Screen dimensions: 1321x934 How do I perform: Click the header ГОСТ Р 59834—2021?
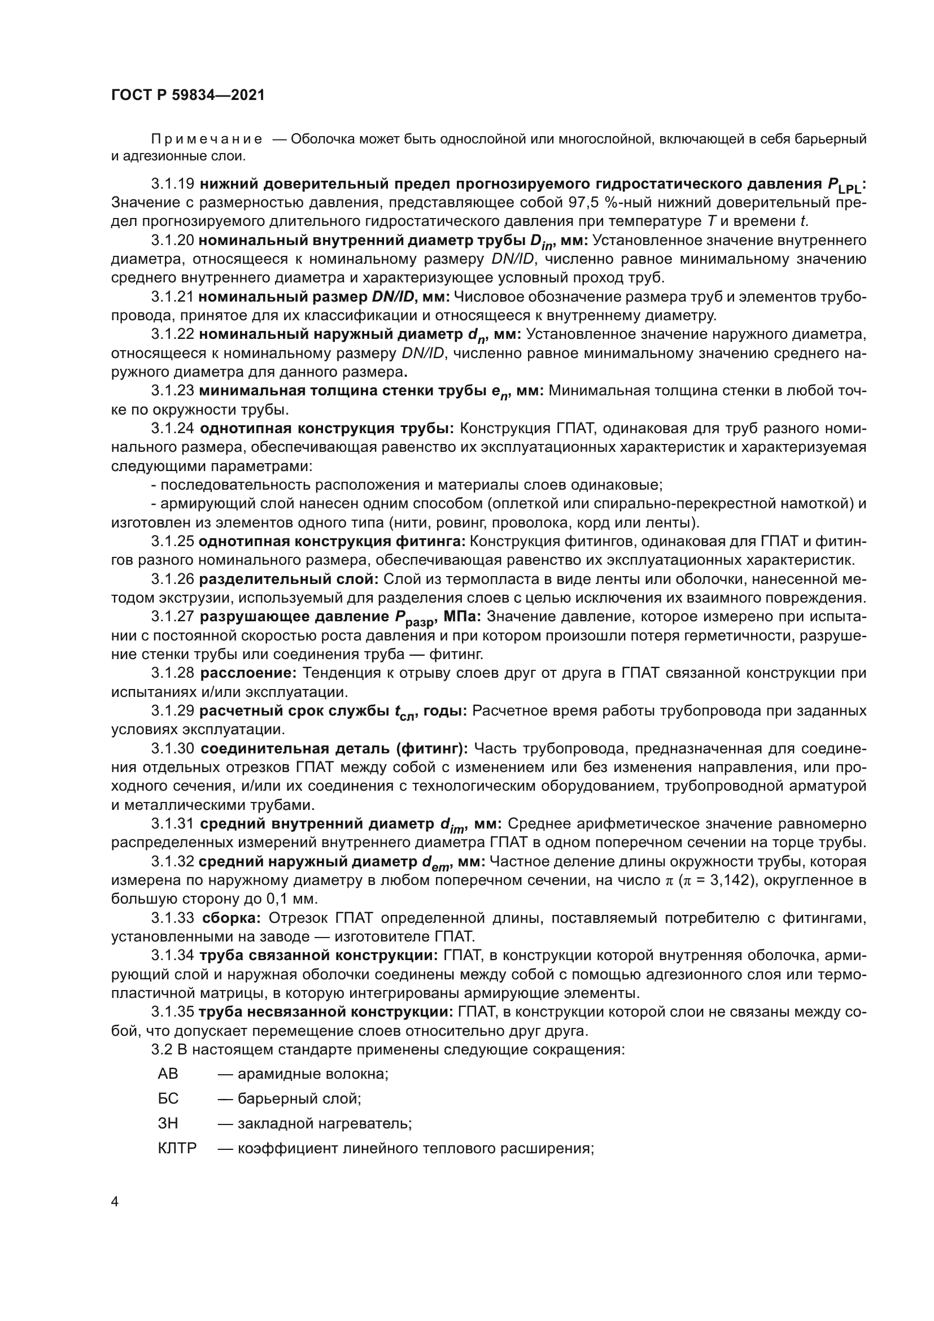tap(187, 95)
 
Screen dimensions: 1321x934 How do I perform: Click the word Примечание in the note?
tap(207, 139)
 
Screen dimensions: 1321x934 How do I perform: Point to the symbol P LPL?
tap(845, 185)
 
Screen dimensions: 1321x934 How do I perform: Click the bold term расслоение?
tap(248, 673)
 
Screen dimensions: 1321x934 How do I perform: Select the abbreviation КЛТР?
tap(177, 1148)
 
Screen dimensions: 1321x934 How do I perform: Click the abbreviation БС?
tap(168, 1098)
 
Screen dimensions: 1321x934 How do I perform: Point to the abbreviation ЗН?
tap(168, 1123)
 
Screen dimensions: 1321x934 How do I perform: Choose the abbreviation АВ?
tap(168, 1074)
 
